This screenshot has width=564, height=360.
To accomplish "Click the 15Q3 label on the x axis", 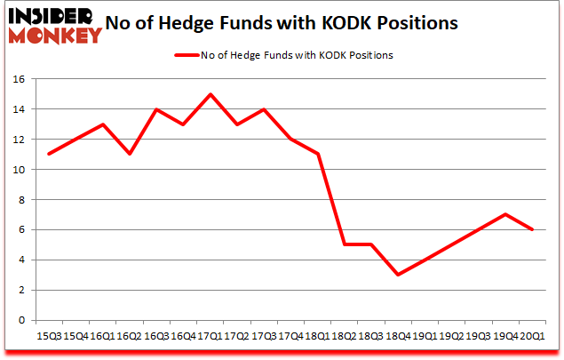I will click(50, 337).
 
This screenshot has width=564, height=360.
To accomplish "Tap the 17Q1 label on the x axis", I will click(210, 337).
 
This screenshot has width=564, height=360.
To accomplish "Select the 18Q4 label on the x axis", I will click(397, 337).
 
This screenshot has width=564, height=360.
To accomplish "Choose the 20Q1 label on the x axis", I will click(530, 337).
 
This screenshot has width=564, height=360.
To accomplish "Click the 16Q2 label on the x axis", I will click(130, 337).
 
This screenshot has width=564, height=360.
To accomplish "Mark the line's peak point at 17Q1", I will click(210, 94).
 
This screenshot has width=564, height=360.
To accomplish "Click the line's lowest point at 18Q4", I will click(397, 275).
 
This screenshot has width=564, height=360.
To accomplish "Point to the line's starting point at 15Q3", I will click(50, 155).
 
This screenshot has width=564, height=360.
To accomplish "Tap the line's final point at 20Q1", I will click(530, 229).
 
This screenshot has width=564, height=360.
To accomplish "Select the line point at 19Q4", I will click(504, 214).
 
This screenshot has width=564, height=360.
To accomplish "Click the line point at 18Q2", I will click(344, 244).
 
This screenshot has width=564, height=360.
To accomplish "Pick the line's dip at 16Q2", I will click(130, 155).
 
